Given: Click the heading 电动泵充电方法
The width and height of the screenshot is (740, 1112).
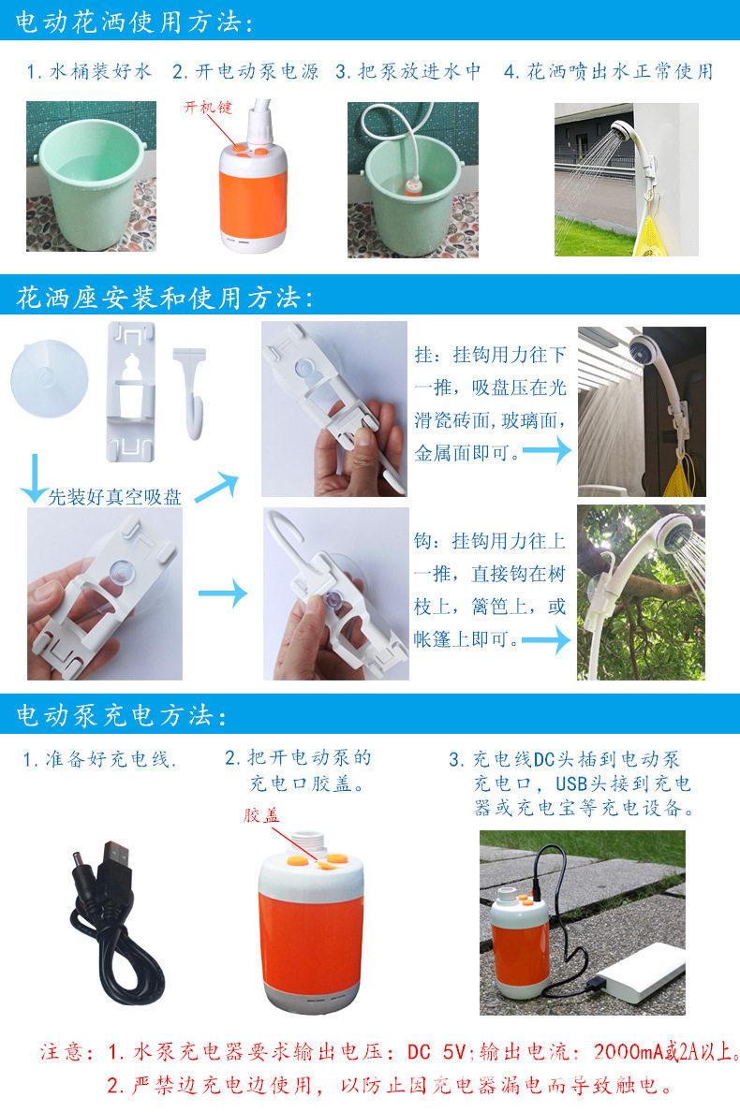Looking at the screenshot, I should [x=121, y=716].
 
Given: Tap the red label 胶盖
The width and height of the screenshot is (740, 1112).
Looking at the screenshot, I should [x=261, y=815].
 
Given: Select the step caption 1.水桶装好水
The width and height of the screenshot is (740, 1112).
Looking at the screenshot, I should [x=88, y=72].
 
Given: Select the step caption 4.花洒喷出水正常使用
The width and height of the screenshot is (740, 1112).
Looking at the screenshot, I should [x=608, y=72].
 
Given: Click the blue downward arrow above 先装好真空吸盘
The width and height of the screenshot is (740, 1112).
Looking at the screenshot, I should [x=34, y=477].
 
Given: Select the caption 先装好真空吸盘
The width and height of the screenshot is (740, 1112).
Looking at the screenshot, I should [x=114, y=496].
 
